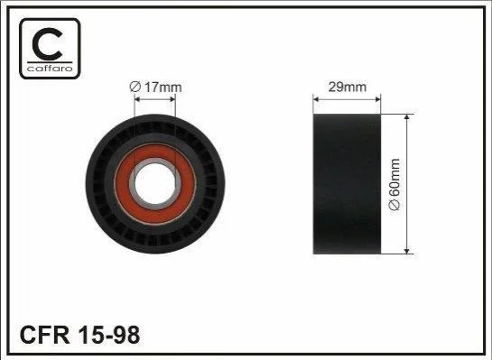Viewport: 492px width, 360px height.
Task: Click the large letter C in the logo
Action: pos(47,44)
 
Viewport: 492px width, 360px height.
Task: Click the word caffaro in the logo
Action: pos(50,68)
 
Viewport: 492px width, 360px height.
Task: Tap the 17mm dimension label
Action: pos(155,87)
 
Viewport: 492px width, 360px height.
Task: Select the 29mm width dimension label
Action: pos(347,87)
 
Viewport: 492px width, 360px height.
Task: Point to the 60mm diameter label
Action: pos(395,184)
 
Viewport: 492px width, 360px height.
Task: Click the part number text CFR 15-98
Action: pos(79,335)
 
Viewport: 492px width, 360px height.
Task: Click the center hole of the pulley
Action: pos(155,183)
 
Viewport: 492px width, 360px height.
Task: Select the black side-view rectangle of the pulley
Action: pos(347,184)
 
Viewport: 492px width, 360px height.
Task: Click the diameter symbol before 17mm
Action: pos(135,87)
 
